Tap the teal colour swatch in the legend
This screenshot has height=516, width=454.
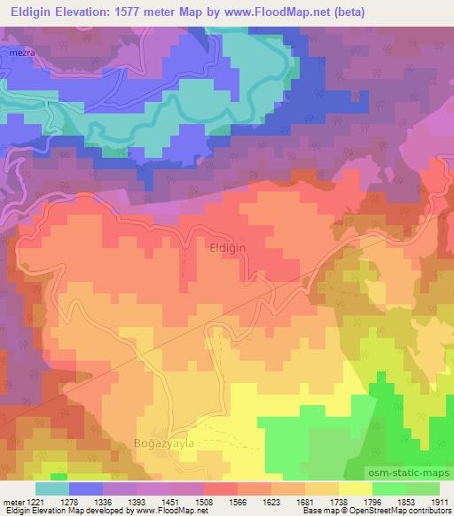coord(52,489)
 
